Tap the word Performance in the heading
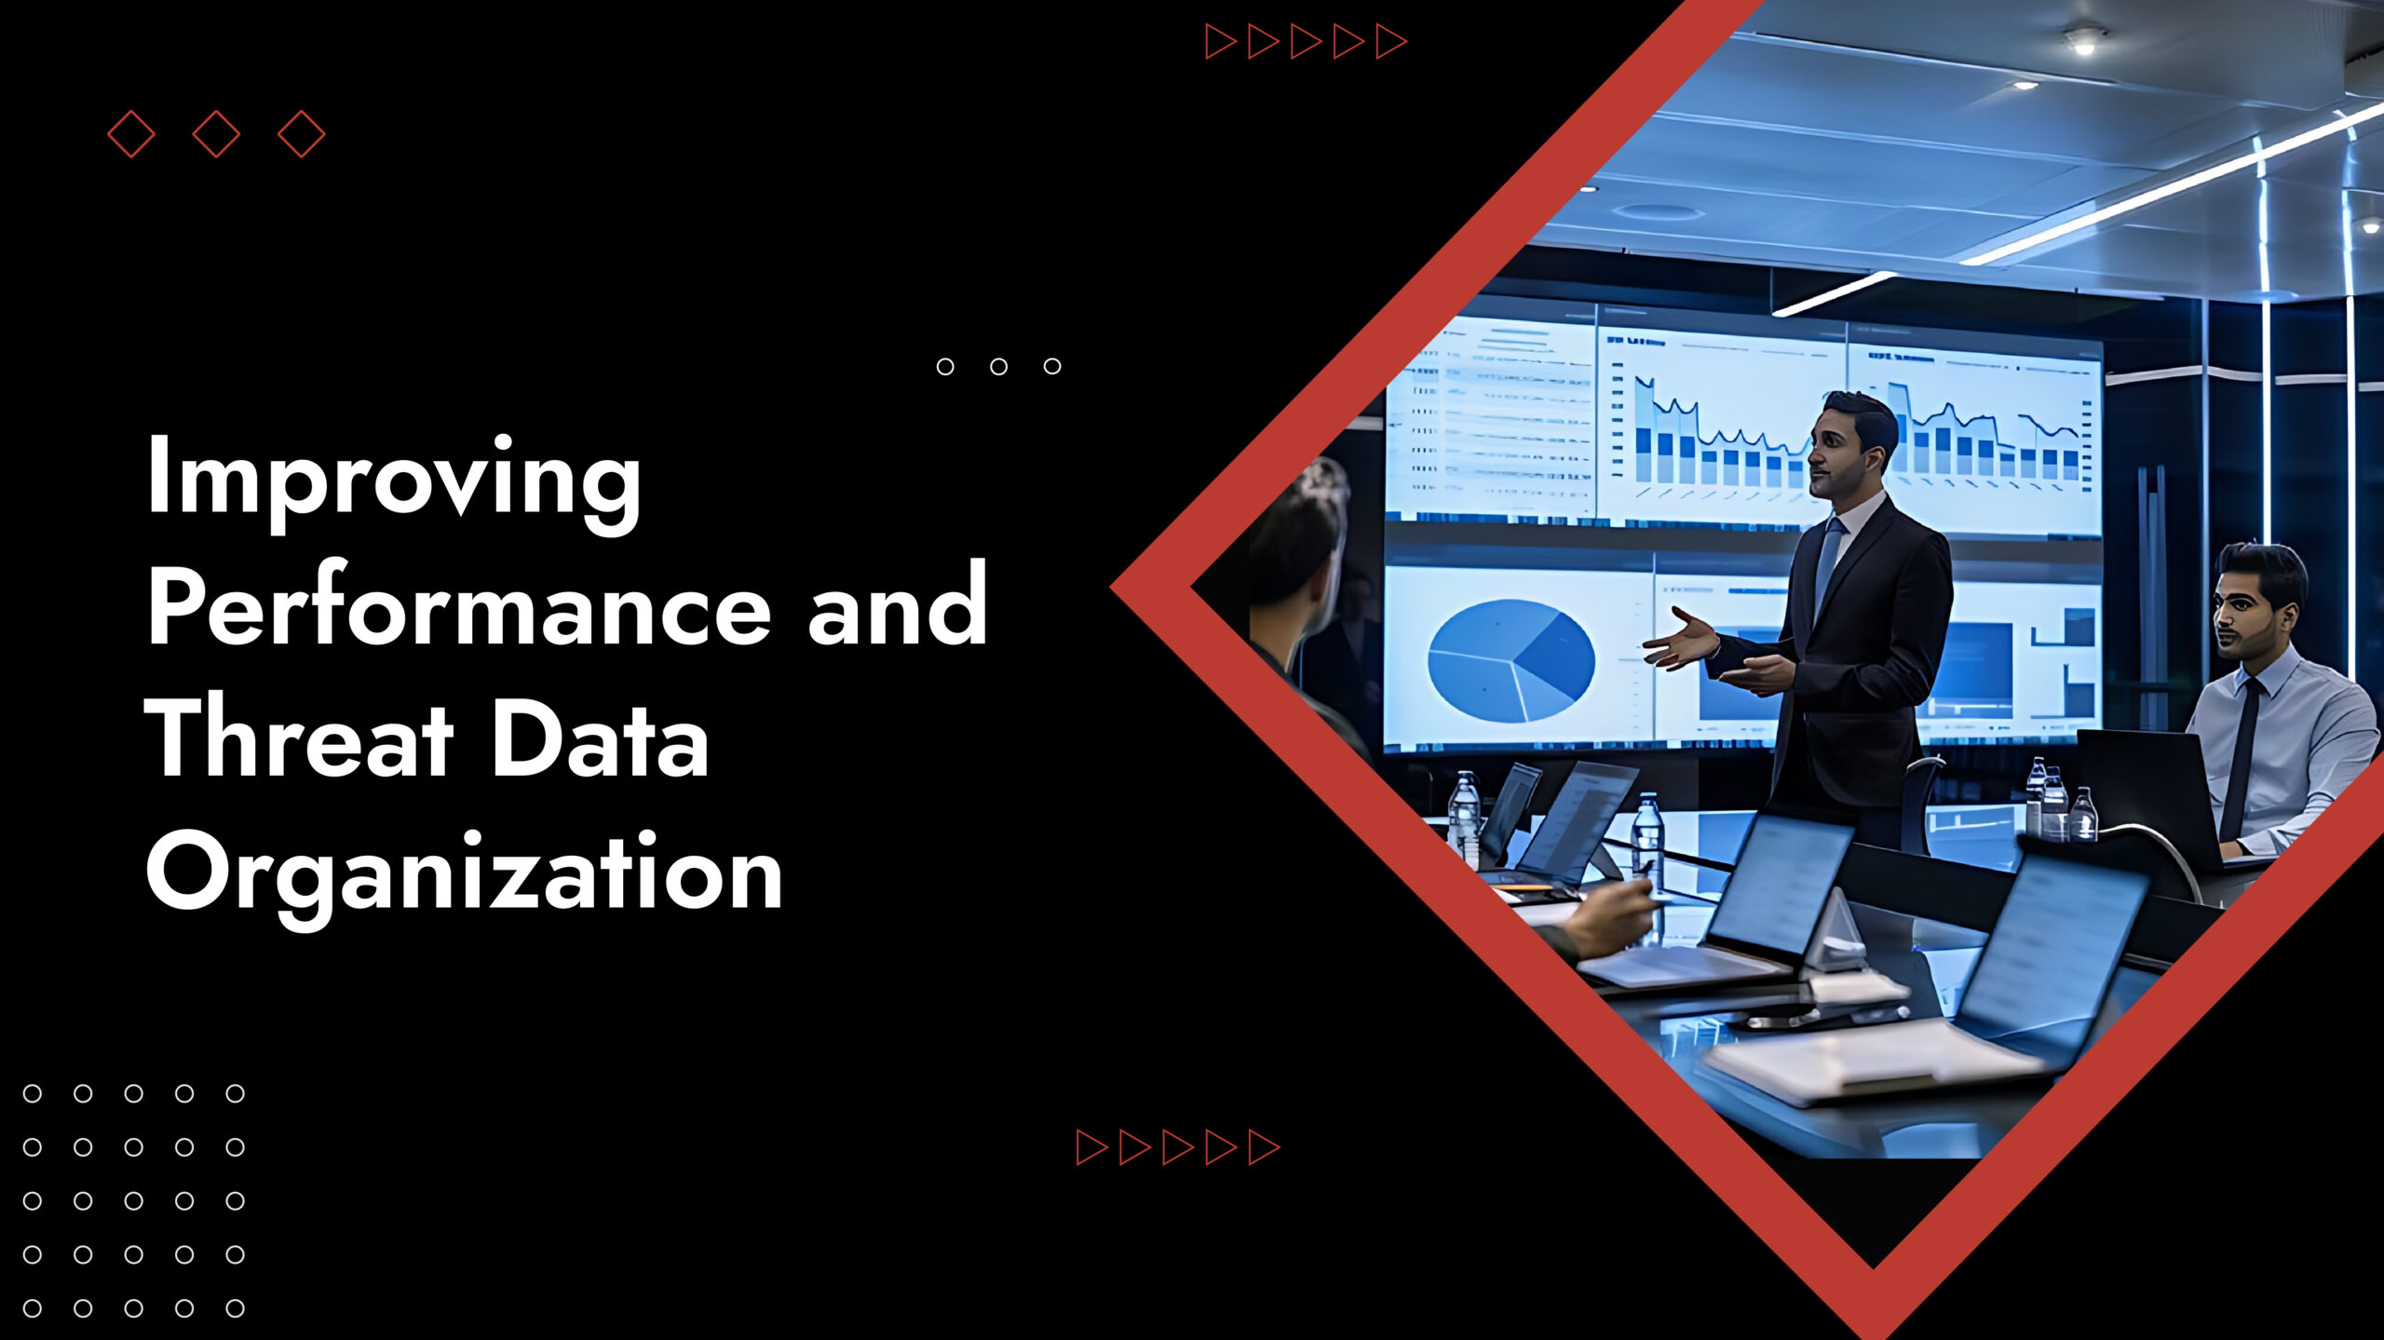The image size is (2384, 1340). pos(459,606)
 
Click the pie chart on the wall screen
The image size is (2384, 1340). pos(1510,659)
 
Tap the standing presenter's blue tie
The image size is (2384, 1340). pos(1827,567)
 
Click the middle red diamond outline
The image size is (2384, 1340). pos(216,134)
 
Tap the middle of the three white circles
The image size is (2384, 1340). pos(998,366)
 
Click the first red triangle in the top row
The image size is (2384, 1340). pos(1221,42)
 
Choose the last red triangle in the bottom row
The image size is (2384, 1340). pos(1264,1147)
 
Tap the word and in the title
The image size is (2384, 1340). pos(898,606)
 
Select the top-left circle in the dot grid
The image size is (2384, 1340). pos(33,1093)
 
